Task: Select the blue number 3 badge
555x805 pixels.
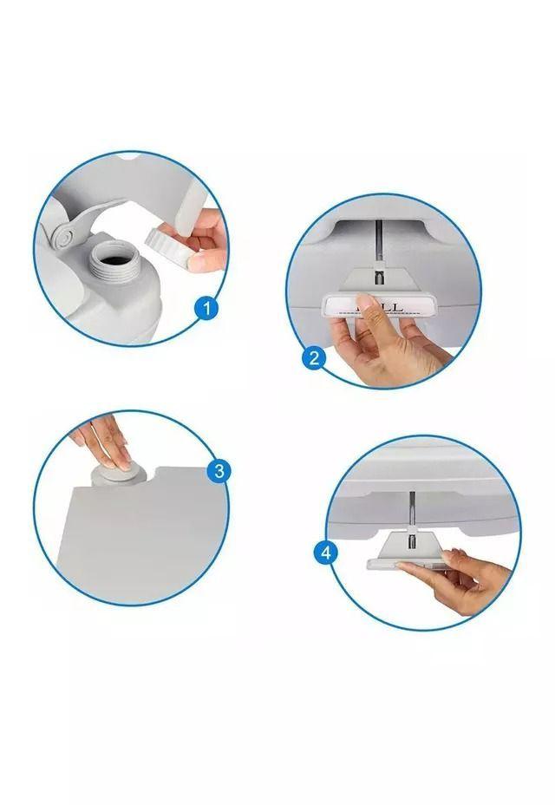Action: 218,471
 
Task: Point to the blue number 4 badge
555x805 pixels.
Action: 325,552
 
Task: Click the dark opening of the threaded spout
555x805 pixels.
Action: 113,254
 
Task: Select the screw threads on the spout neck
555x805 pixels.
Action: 112,270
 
